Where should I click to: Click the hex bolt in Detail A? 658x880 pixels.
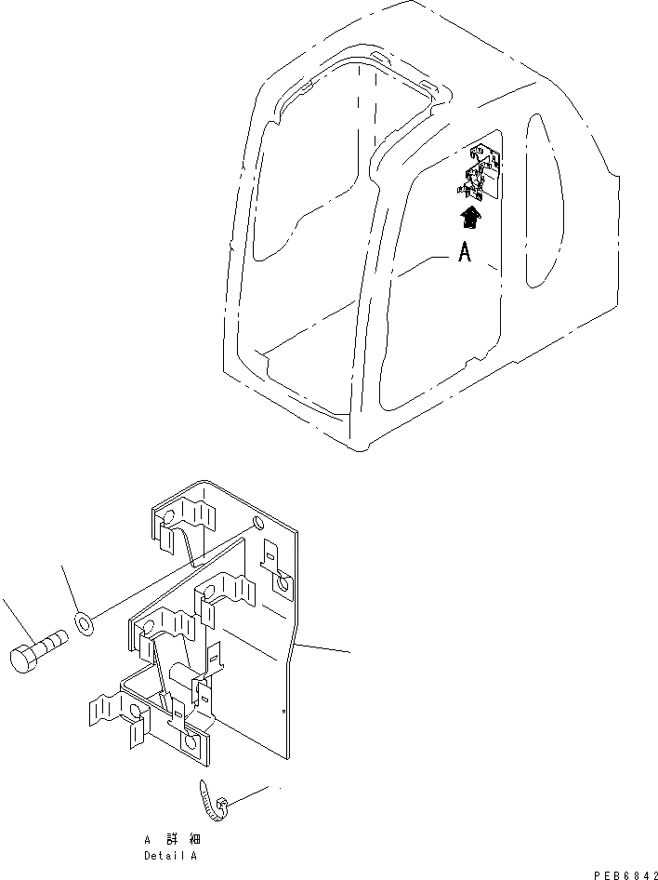(39, 649)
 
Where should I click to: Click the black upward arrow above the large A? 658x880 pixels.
(471, 218)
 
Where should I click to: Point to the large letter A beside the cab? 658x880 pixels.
(465, 251)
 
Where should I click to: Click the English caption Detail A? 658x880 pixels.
(170, 856)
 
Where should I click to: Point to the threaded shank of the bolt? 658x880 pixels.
(54, 641)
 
